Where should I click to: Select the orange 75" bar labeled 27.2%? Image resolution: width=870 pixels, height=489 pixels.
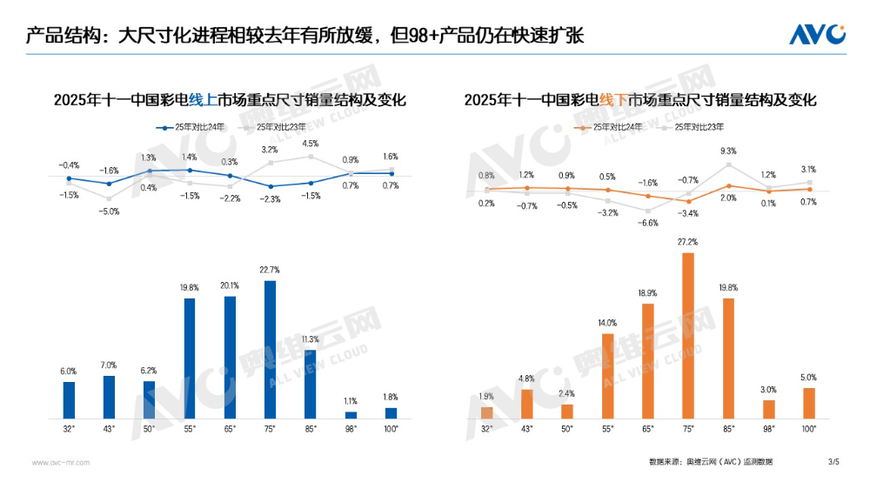[x=688, y=336]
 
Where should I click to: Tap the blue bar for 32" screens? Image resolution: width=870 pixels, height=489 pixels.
[x=69, y=400]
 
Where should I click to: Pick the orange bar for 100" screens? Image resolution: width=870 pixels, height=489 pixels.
[x=809, y=404]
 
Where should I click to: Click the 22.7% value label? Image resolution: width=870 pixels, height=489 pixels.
[x=270, y=270]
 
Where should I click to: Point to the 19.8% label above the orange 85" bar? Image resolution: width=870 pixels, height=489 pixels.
[x=728, y=287]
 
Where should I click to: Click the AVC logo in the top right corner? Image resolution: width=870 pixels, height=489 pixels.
[x=817, y=34]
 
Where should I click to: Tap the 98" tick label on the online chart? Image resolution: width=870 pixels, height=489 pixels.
[x=351, y=429]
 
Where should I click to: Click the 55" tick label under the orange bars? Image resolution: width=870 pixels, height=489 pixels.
[x=607, y=429]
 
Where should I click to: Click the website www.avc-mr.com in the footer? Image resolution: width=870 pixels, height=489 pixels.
[x=61, y=462]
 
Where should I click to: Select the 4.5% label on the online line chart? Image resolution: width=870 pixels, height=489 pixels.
[x=311, y=144]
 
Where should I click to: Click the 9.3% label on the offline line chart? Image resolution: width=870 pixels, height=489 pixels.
[x=728, y=151]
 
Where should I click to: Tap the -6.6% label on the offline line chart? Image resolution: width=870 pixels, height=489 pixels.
[x=648, y=223]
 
